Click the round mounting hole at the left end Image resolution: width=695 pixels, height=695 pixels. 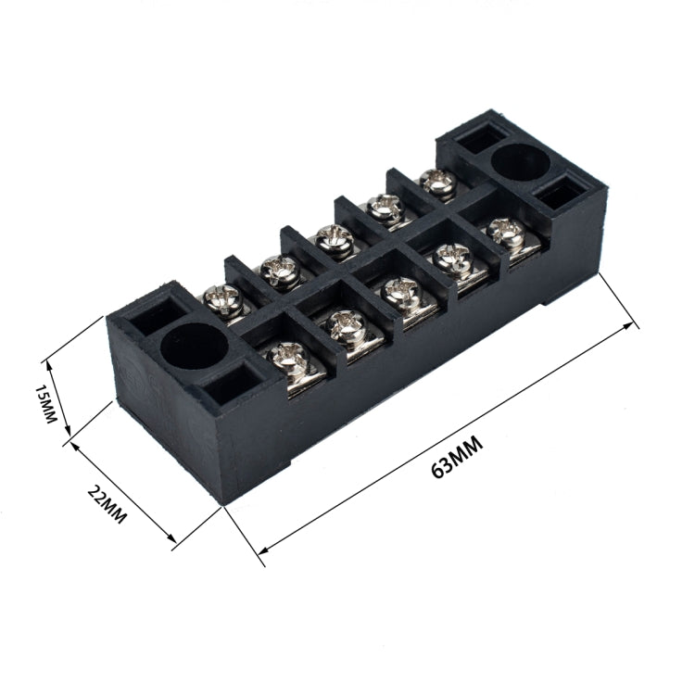[195, 346]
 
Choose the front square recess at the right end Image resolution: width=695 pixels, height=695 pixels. [561, 196]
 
